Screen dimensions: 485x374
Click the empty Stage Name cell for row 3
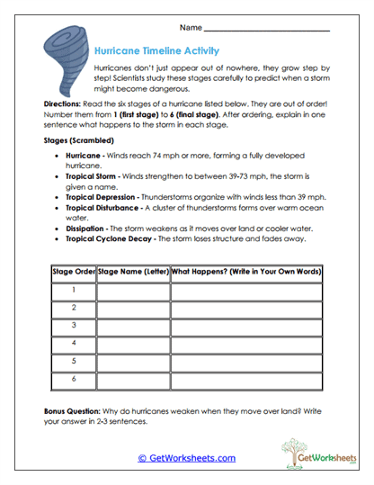[x=133, y=325]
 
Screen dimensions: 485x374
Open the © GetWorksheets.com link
[x=187, y=458]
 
